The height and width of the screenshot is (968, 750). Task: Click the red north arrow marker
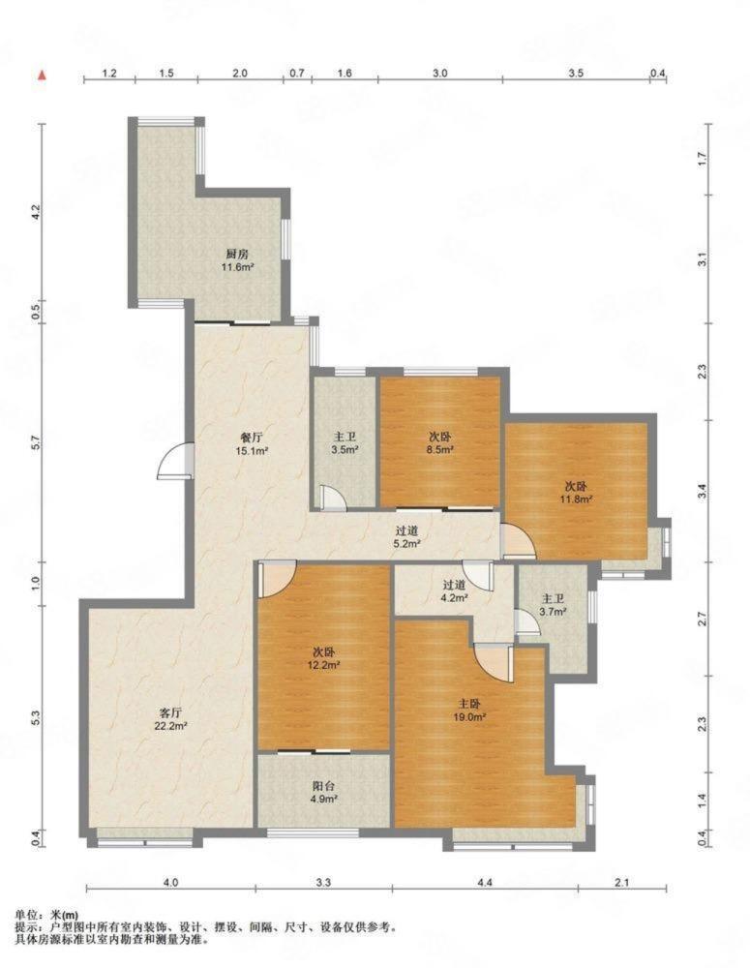42,76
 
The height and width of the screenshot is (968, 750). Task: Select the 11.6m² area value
238,267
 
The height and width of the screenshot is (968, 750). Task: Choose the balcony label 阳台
323,786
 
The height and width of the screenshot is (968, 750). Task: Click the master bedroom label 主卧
469,704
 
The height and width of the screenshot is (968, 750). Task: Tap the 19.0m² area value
469,717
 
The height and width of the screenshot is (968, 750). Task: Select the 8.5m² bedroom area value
440,450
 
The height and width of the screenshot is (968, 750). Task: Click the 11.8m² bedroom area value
577,499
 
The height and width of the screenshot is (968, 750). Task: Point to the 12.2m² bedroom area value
323,666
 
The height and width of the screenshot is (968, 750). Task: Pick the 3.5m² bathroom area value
345,450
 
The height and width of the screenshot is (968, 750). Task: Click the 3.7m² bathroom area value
554,613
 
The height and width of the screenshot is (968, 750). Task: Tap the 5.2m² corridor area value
407,544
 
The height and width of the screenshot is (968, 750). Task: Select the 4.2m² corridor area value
454,597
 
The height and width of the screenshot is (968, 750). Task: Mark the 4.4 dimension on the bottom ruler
485,883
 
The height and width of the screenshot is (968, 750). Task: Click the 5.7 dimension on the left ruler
36,442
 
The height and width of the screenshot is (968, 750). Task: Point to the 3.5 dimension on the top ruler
576,73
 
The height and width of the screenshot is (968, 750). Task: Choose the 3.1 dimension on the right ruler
702,262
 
